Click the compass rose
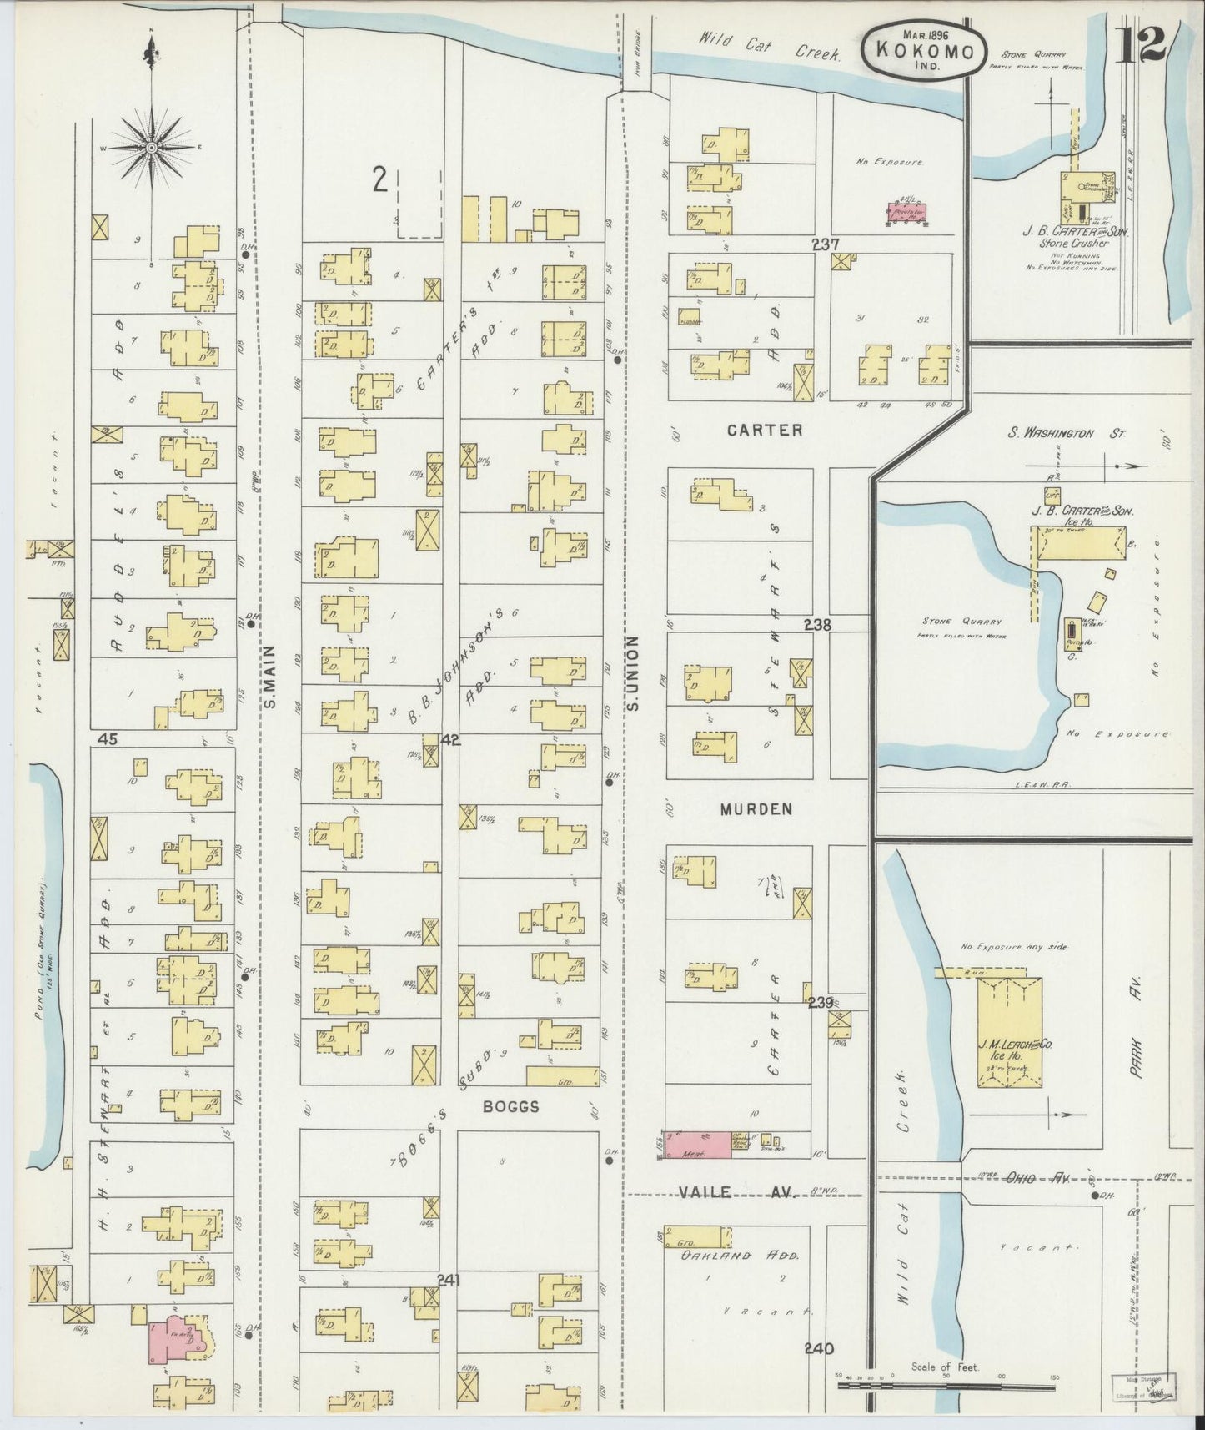pos(152,149)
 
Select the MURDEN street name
pos(756,809)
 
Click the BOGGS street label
pos(510,1106)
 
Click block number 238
pos(816,624)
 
